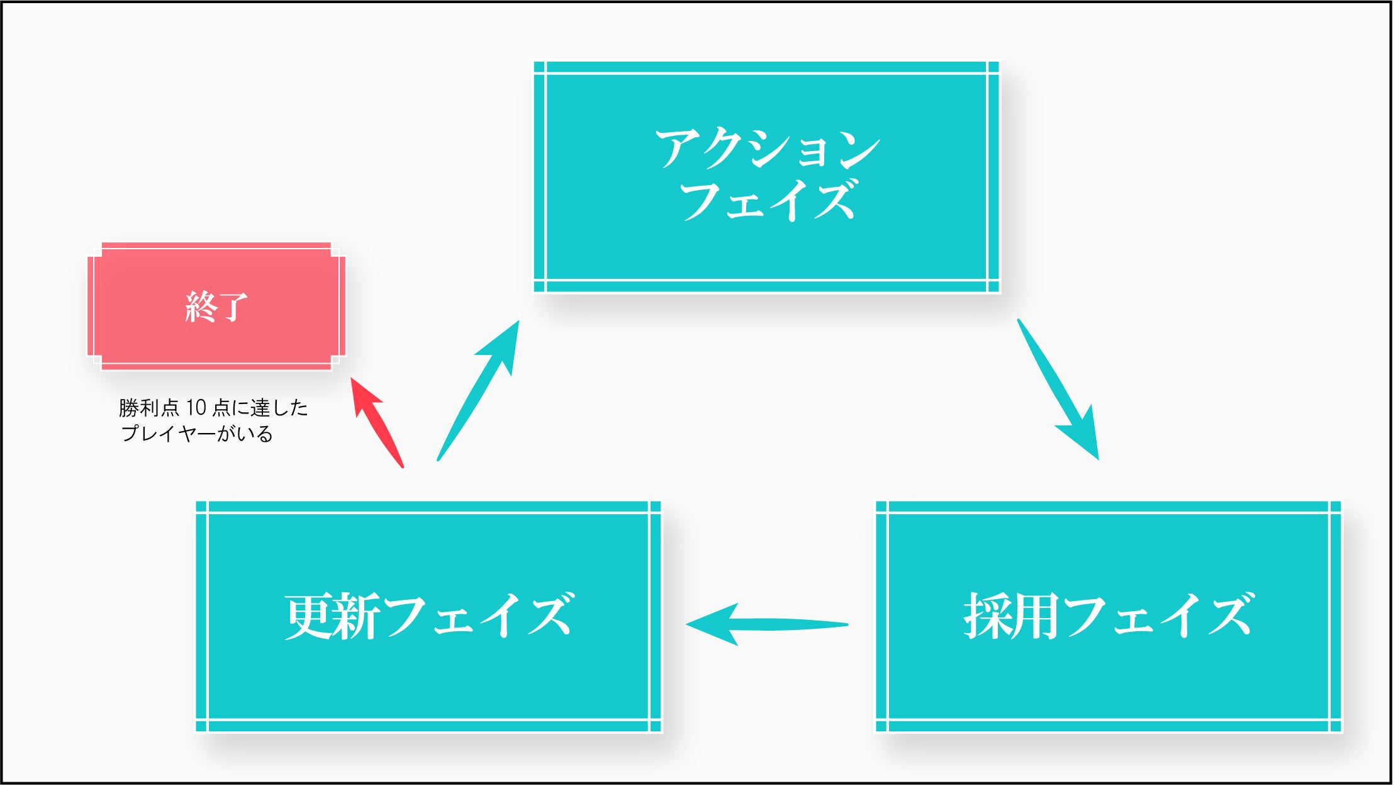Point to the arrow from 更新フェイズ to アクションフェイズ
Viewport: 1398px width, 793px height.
pos(478,391)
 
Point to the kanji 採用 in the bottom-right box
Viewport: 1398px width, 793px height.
pos(1012,617)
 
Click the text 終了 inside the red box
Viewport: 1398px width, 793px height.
pos(216,307)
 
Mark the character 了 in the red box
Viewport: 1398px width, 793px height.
pos(233,307)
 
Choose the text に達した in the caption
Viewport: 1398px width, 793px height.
pos(270,408)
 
